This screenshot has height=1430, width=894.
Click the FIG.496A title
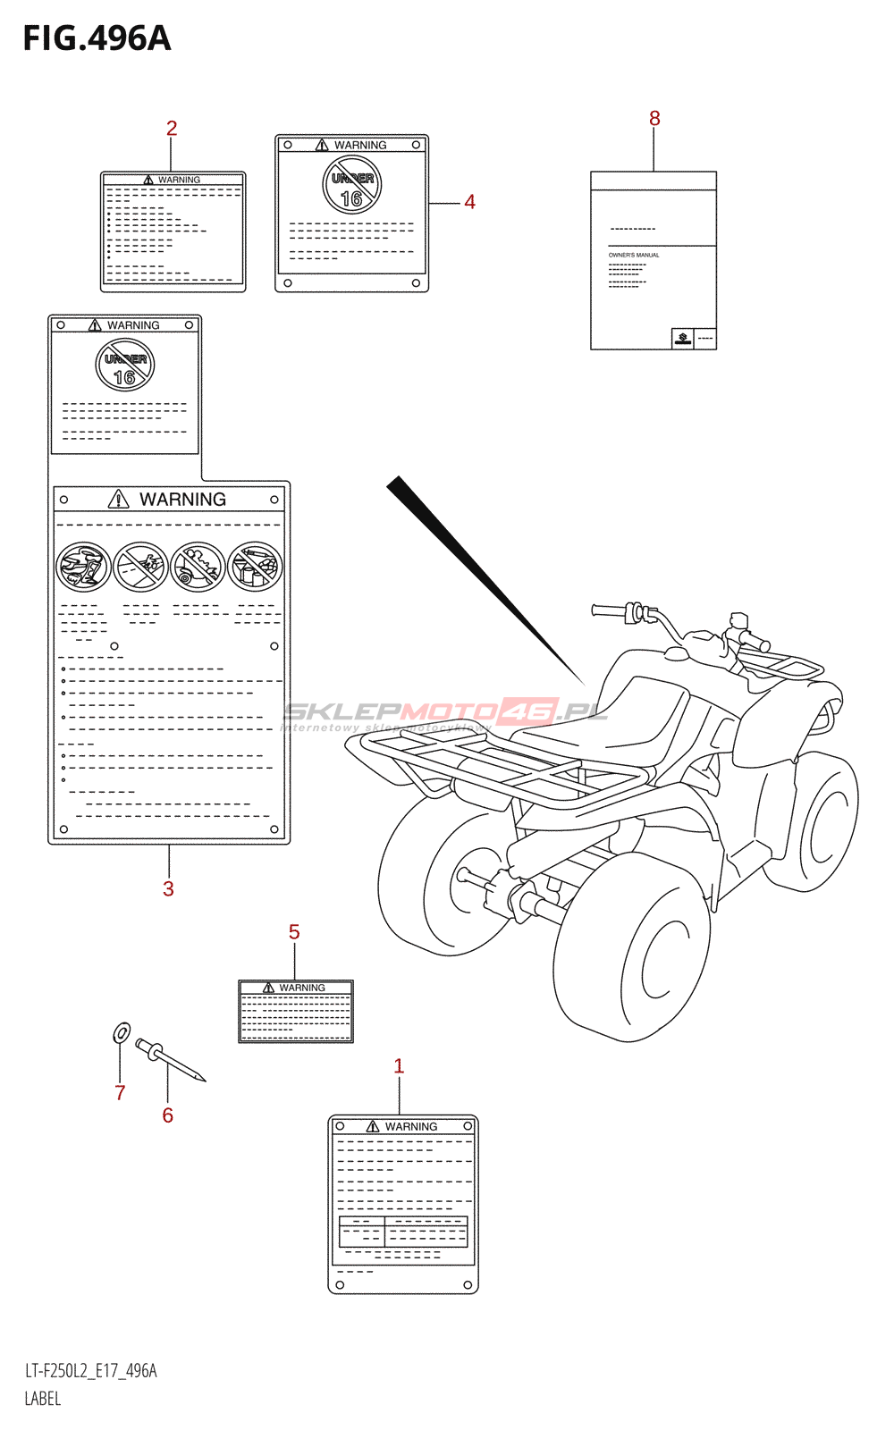click(x=97, y=38)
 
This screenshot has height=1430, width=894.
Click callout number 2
click(x=172, y=129)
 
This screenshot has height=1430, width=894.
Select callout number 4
click(x=469, y=203)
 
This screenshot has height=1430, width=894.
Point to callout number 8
click(x=654, y=119)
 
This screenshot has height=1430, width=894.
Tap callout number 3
click(x=168, y=888)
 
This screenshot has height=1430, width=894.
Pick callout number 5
click(x=294, y=932)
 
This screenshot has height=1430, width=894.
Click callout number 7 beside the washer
click(x=120, y=1092)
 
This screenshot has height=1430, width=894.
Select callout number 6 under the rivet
click(x=167, y=1115)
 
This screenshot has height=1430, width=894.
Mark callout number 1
click(x=399, y=1066)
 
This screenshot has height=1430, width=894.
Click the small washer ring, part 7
click(x=122, y=1033)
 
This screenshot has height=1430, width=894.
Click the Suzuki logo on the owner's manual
click(x=682, y=338)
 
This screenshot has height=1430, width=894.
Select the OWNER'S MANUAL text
click(x=634, y=256)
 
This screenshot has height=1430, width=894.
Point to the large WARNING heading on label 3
click(x=182, y=500)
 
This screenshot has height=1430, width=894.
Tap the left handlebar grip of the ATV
click(x=610, y=611)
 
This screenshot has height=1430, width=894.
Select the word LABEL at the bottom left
click(x=43, y=1399)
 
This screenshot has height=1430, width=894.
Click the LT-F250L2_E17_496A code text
click(x=90, y=1371)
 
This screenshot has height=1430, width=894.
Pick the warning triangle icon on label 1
click(x=373, y=1127)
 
